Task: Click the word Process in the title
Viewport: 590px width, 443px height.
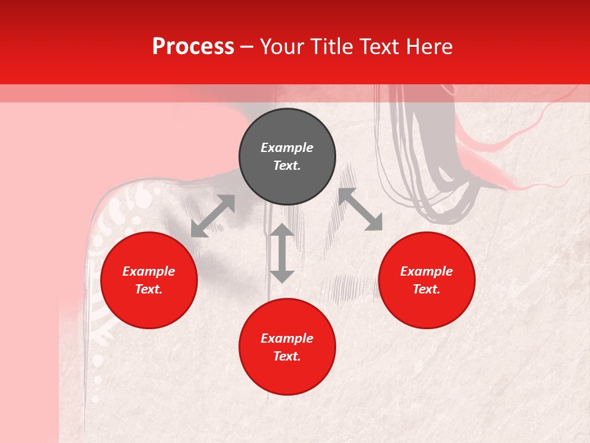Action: point(193,47)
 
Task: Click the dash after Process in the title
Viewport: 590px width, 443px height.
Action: point(247,47)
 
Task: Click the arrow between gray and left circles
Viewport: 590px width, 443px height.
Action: point(213,216)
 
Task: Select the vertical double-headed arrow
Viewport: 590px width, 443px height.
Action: point(282,253)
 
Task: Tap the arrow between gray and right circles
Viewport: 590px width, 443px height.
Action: point(361,210)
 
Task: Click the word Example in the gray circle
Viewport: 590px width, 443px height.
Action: point(287,148)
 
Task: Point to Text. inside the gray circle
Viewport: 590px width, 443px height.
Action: point(287,166)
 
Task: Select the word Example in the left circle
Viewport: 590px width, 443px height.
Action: point(149,271)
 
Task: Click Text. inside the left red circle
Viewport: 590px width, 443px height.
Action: point(149,289)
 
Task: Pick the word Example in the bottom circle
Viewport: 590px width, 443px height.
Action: point(287,338)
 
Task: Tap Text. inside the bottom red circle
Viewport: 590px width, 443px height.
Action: point(287,356)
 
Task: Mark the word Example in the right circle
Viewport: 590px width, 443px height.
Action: point(427,271)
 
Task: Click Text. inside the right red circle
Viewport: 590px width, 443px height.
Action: point(427,289)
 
